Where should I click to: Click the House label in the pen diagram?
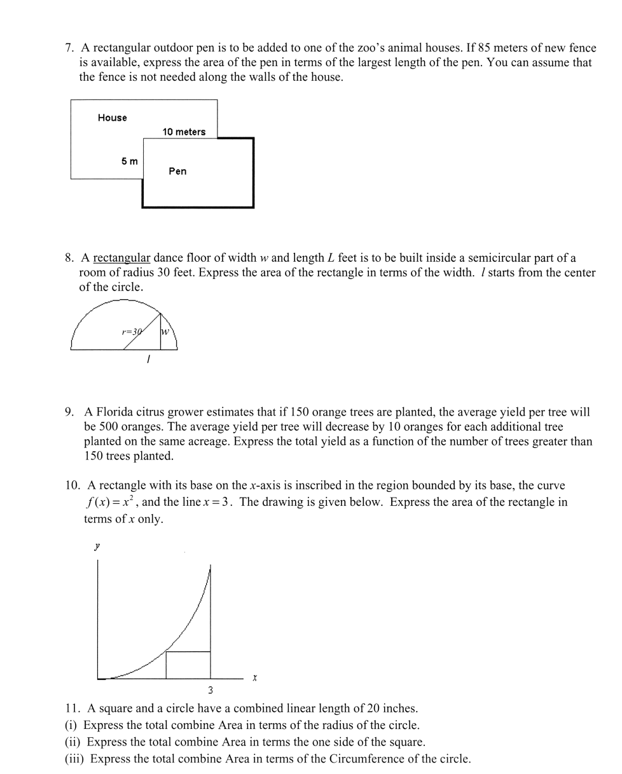pyautogui.click(x=112, y=118)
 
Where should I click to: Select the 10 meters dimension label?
pyautogui.click(x=184, y=132)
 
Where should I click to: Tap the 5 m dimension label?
pyautogui.click(x=129, y=161)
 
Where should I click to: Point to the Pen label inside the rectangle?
pyautogui.click(x=177, y=171)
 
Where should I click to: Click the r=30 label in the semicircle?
pyautogui.click(x=132, y=331)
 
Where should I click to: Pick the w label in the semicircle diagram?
pyautogui.click(x=165, y=331)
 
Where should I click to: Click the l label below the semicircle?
pyautogui.click(x=148, y=360)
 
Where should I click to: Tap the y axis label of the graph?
pyautogui.click(x=97, y=546)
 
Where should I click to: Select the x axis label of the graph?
pyautogui.click(x=254, y=677)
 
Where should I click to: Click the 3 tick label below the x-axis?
pyautogui.click(x=211, y=690)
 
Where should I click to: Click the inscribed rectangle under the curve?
pyautogui.click(x=188, y=665)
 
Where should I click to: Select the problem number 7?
pyautogui.click(x=69, y=48)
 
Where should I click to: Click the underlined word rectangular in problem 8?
pyautogui.click(x=121, y=258)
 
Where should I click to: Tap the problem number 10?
pyautogui.click(x=72, y=485)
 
